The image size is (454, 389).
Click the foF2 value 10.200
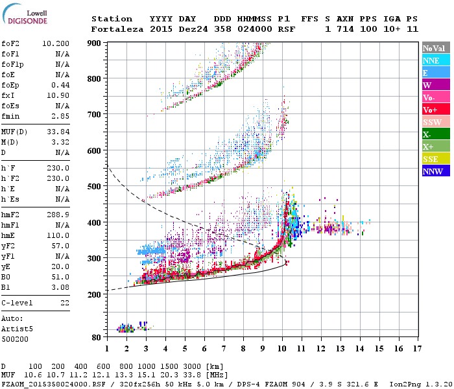pyautogui.click(x=56, y=43)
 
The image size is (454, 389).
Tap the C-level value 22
pyautogui.click(x=65, y=303)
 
